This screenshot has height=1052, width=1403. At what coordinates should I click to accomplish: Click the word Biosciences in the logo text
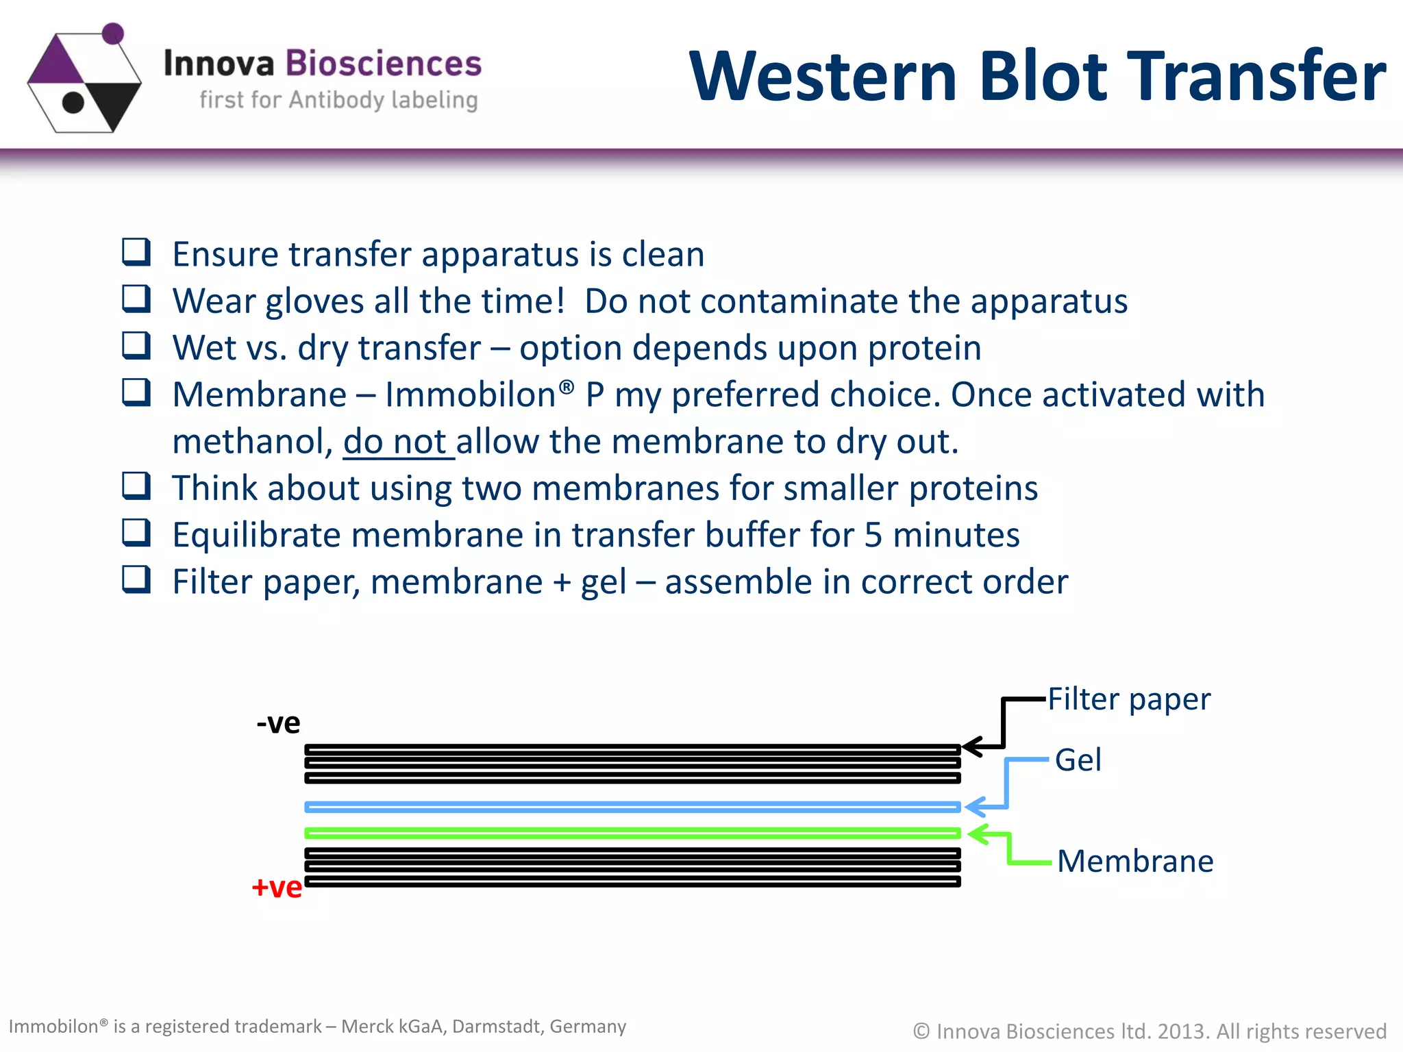point(383,64)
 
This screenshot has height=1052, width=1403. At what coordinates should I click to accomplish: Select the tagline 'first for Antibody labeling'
point(338,100)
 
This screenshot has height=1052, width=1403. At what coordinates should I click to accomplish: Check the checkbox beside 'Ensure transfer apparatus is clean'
point(136,252)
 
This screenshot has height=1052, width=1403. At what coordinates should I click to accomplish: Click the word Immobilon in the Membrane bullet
point(470,395)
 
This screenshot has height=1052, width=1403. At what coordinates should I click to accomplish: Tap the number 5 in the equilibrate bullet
point(873,535)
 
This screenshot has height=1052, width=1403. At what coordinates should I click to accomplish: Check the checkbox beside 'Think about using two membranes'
point(136,486)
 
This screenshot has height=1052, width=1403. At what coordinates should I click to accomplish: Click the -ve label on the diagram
point(278,723)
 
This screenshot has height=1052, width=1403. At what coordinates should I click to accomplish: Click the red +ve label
point(277,887)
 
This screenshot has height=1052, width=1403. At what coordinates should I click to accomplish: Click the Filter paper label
point(1129,699)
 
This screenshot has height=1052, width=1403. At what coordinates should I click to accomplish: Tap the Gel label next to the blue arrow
point(1078,760)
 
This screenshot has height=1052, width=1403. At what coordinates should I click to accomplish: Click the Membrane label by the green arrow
point(1134,861)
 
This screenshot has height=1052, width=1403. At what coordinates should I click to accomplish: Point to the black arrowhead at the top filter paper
point(971,747)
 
